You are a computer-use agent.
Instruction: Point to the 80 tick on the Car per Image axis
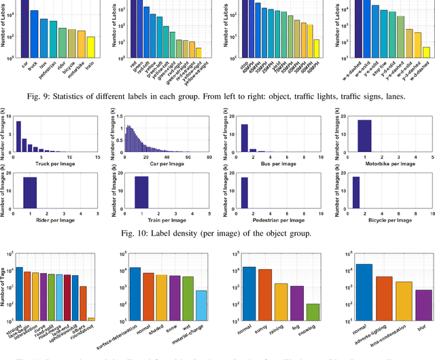coord(209,157)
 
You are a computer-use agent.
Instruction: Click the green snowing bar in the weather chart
coord(312,312)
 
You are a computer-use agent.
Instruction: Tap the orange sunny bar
coord(264,295)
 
